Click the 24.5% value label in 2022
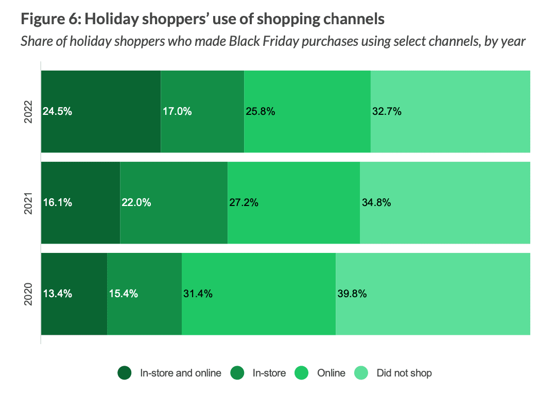(57, 111)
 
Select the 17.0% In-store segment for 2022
(202, 111)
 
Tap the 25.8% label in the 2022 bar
(260, 111)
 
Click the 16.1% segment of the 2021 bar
(80, 202)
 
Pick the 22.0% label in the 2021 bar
(136, 202)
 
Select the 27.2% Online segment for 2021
(293, 202)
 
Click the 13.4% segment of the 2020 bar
(74, 294)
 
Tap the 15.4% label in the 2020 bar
(123, 294)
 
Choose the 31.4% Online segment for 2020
(258, 294)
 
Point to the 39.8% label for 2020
(352, 294)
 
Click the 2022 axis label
(29, 111)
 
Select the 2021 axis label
(29, 202)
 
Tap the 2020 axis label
(29, 294)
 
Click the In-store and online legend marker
(125, 373)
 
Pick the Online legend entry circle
(302, 373)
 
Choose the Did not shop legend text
(404, 373)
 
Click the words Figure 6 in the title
(49, 20)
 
